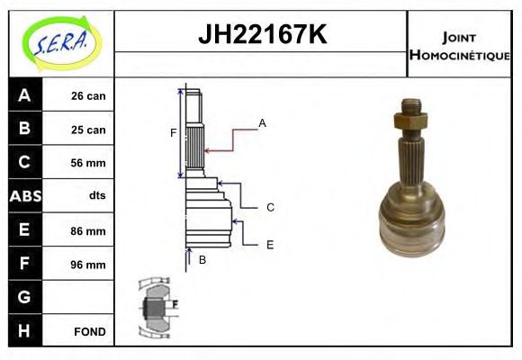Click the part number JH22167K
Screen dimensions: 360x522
click(x=261, y=35)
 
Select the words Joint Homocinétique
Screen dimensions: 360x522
click(x=459, y=45)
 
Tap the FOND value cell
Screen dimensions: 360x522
click(x=90, y=331)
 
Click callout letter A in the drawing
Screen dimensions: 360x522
click(x=263, y=122)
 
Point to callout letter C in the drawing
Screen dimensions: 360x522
click(x=270, y=208)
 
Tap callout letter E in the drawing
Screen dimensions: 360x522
click(x=270, y=244)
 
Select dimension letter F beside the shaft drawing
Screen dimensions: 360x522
click(x=174, y=133)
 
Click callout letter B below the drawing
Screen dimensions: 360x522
click(x=202, y=260)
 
